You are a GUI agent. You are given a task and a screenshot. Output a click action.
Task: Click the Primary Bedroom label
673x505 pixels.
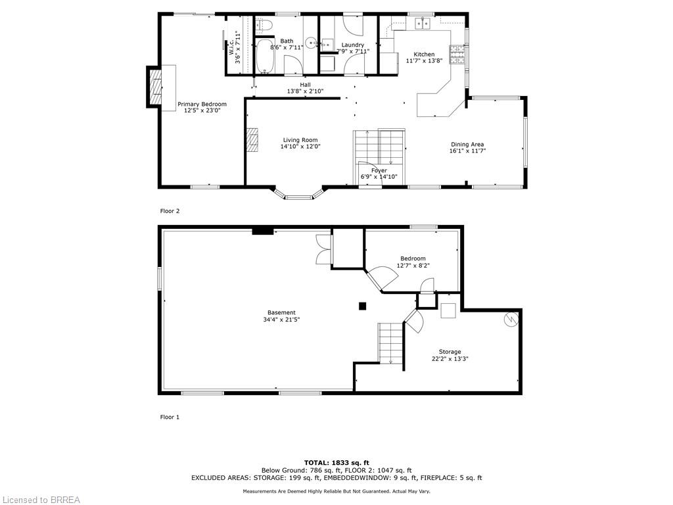pyautogui.click(x=202, y=104)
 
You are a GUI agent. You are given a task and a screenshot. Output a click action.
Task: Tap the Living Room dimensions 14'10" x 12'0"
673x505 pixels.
pyautogui.click(x=300, y=147)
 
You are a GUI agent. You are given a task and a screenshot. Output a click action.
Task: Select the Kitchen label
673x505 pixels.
pyautogui.click(x=423, y=54)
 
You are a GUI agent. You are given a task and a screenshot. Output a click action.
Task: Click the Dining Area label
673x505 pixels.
pyautogui.click(x=467, y=145)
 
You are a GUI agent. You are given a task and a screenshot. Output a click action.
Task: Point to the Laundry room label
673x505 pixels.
pyautogui.click(x=352, y=45)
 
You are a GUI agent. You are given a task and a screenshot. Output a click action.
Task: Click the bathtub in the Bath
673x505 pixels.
pyautogui.click(x=265, y=57)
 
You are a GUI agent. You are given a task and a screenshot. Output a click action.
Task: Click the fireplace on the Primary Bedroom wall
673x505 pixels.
pyautogui.click(x=155, y=86)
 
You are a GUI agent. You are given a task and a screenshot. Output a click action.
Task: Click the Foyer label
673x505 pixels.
pyautogui.click(x=379, y=170)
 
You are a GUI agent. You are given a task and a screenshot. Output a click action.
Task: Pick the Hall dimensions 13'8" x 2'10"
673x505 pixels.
pyautogui.click(x=305, y=91)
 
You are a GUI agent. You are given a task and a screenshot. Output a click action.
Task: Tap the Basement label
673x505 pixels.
pyautogui.click(x=281, y=312)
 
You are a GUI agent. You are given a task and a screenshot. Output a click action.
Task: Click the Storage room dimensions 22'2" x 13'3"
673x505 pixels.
pyautogui.click(x=450, y=359)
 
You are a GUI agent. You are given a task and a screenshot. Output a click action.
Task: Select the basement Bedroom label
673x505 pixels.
pyautogui.click(x=413, y=258)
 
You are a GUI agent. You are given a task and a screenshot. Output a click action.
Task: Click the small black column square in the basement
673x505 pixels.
pyautogui.click(x=361, y=306)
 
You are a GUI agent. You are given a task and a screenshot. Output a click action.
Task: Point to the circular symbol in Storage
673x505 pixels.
pyautogui.click(x=511, y=319)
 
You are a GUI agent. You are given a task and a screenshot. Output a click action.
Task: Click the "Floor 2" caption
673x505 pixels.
pyautogui.click(x=170, y=211)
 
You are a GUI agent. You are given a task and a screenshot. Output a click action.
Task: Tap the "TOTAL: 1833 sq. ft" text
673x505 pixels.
pyautogui.click(x=336, y=462)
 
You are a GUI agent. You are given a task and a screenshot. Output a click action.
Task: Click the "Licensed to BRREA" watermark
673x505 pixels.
pyautogui.click(x=40, y=500)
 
